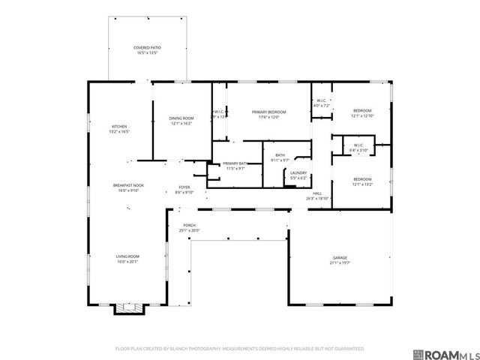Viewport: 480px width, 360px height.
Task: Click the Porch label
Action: click(189, 227)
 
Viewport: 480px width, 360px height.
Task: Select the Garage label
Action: click(340, 259)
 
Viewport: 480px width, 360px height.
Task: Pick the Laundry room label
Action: click(298, 175)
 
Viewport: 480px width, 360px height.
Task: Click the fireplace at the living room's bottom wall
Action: click(127, 308)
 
